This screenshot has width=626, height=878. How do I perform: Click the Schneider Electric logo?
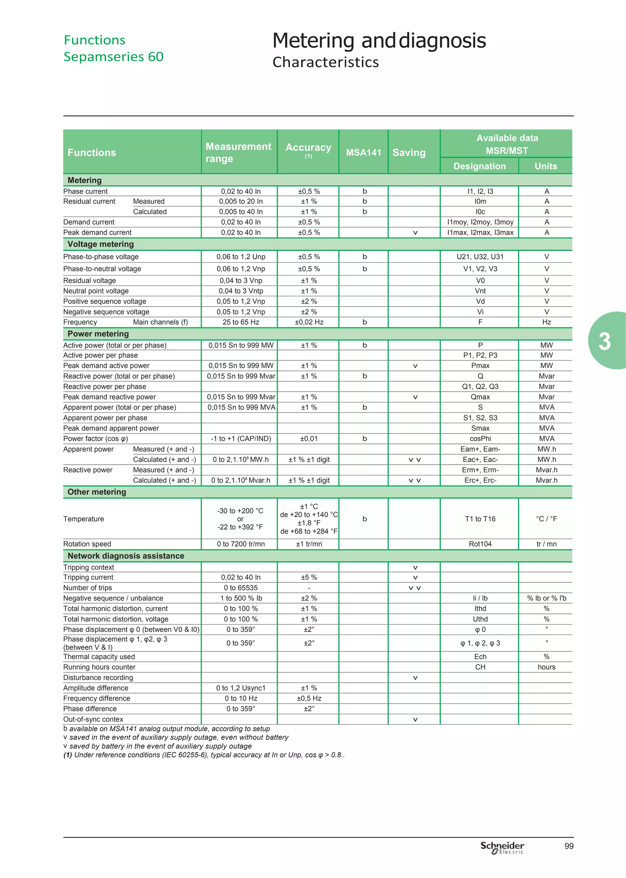pyautogui.click(x=502, y=847)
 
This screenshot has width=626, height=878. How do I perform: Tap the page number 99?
pyautogui.click(x=569, y=846)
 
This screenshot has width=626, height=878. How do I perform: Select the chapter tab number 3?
pyautogui.click(x=604, y=341)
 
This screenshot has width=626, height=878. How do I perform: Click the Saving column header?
pyautogui.click(x=409, y=153)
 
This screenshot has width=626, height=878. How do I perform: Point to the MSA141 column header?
pyautogui.click(x=363, y=153)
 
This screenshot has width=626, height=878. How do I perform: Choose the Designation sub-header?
pyautogui.click(x=479, y=166)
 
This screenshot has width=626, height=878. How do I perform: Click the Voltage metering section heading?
pyautogui.click(x=101, y=244)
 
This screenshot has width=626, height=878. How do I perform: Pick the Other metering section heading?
pyautogui.click(x=97, y=492)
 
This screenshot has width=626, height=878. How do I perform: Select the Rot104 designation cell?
pyautogui.click(x=480, y=544)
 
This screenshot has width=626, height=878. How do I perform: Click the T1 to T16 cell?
pyautogui.click(x=480, y=519)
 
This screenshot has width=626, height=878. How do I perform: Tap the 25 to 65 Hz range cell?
pyautogui.click(x=241, y=322)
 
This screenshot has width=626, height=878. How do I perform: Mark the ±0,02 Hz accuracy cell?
pyautogui.click(x=309, y=322)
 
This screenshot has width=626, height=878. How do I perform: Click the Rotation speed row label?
pyautogui.click(x=87, y=544)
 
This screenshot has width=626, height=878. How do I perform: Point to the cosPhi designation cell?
pyautogui.click(x=480, y=439)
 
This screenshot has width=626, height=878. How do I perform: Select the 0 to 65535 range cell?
pyautogui.click(x=241, y=588)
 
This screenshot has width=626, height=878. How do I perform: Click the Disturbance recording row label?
pyautogui.click(x=98, y=677)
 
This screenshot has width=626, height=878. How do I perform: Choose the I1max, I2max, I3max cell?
pyautogui.click(x=480, y=232)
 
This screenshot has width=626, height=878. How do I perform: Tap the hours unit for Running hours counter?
pyautogui.click(x=546, y=667)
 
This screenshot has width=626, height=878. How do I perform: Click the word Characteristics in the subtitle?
pyautogui.click(x=325, y=62)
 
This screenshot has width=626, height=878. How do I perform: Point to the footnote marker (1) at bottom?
pyautogui.click(x=68, y=755)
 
